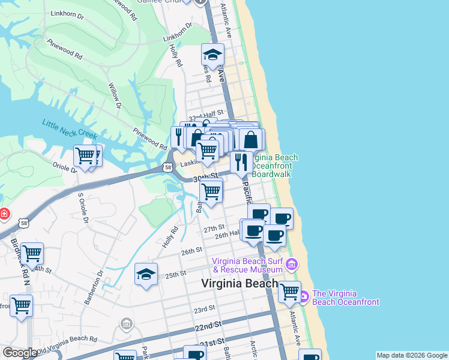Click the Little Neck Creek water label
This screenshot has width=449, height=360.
point(69,131)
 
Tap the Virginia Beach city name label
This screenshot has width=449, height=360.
point(240,284)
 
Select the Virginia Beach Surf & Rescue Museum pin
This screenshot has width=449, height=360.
point(292,264)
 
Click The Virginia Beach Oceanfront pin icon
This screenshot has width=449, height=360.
point(303,296)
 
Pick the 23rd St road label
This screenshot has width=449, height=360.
point(204,309)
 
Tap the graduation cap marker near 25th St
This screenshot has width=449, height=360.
point(146,275)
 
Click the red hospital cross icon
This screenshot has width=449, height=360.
point(4,213)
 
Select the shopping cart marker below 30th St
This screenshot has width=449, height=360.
point(211,192)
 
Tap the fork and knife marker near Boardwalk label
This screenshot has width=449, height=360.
point(241,161)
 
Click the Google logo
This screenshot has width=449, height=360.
point(20,353)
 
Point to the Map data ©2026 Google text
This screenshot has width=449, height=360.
point(412,355)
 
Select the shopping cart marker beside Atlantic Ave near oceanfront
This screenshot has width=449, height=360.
point(289,292)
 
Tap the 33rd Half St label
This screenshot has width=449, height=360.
point(205,112)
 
